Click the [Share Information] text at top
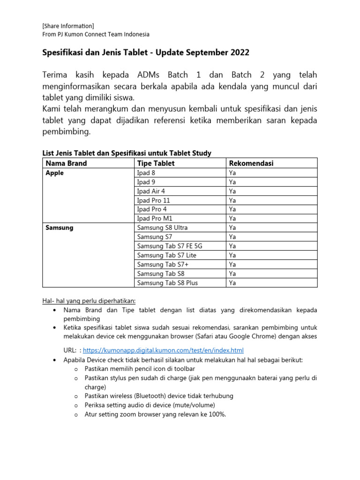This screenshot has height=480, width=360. [68, 26]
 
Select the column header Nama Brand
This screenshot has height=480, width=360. [66, 163]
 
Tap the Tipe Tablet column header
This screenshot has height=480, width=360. [156, 163]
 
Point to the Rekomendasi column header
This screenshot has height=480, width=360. [251, 163]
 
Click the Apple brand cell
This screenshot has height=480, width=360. [55, 173]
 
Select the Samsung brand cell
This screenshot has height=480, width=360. [60, 228]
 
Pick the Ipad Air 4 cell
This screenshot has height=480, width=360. [151, 191]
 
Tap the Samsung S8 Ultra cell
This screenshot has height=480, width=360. [162, 228]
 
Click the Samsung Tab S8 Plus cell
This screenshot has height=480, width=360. [167, 283]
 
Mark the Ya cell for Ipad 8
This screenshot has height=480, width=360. [232, 173]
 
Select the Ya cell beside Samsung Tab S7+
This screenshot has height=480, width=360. [232, 264]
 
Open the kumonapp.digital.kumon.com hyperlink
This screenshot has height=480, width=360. [163, 350]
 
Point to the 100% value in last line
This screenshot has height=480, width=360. [217, 414]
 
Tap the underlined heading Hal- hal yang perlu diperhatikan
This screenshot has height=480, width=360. [89, 300]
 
